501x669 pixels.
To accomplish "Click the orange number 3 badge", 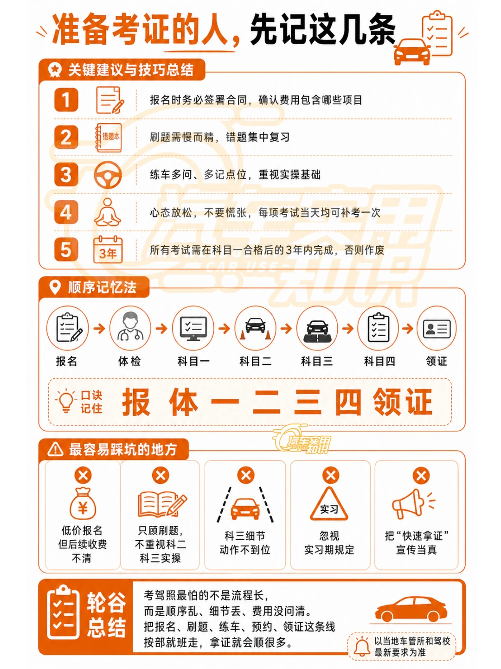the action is (x=66, y=175).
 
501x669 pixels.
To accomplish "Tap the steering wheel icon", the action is (x=107, y=175).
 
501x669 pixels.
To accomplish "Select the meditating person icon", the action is (x=107, y=212).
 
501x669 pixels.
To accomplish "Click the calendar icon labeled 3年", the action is (x=108, y=249).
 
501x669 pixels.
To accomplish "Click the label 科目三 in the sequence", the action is (x=316, y=362).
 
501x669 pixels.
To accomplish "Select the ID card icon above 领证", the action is (x=437, y=329).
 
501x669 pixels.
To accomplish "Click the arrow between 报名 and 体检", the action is (x=99, y=329).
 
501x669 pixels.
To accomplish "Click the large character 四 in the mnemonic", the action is (x=348, y=402).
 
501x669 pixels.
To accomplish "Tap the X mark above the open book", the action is (x=161, y=475).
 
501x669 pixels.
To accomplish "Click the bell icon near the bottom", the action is (x=362, y=647).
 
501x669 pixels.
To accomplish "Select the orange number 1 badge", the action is (x=66, y=100).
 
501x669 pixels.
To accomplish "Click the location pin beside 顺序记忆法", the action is (x=55, y=287).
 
